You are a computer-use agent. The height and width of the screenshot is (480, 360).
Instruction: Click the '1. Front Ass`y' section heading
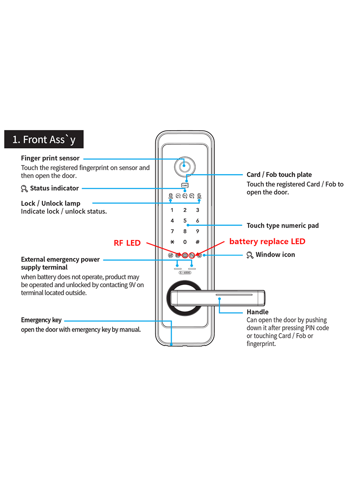point(44,140)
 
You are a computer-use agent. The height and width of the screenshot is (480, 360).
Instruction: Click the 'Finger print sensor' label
point(50,158)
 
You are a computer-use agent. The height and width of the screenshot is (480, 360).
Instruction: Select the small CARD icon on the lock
point(185,186)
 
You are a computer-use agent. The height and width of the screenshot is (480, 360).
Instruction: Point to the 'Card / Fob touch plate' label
point(279,175)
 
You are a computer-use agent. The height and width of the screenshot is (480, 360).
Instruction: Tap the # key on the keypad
point(198,242)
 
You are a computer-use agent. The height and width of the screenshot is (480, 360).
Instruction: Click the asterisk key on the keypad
point(172,242)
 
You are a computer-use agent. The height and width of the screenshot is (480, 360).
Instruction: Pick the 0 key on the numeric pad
point(185,242)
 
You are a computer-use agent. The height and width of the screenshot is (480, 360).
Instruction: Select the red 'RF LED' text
point(127,243)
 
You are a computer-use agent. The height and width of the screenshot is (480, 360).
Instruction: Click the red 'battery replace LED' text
point(267,242)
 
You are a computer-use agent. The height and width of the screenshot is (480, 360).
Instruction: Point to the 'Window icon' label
point(275,255)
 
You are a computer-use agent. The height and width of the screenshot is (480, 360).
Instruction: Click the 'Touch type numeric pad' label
point(283,226)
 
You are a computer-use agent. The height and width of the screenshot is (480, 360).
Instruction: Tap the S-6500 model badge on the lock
point(185,272)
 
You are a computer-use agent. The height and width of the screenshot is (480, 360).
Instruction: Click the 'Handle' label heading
point(258,312)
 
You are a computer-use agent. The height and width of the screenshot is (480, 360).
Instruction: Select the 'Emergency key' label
point(42,320)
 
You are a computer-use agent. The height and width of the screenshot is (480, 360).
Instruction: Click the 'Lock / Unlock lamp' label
point(51,203)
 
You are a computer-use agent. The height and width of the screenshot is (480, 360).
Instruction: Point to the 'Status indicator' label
point(54,188)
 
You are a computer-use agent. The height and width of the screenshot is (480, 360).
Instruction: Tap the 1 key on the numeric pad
point(172,210)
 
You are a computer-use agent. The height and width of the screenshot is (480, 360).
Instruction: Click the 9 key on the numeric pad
point(198,231)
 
